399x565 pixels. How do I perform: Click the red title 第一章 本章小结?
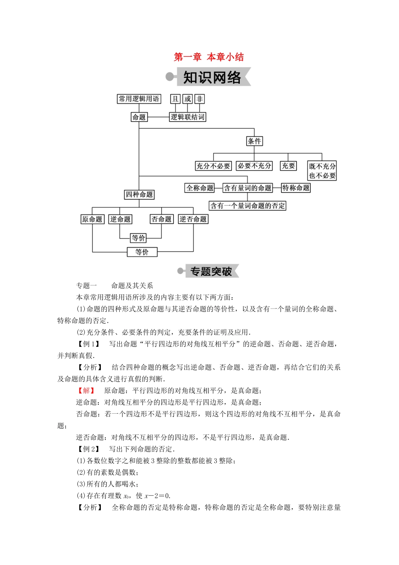[x=209, y=57]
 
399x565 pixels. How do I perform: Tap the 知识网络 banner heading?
[x=212, y=78]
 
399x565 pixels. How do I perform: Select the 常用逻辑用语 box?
[x=139, y=99]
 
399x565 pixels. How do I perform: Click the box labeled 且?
[x=175, y=99]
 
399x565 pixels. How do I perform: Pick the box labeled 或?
[x=188, y=99]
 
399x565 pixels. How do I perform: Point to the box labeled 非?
[x=199, y=99]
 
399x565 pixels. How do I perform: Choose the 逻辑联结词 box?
[x=187, y=117]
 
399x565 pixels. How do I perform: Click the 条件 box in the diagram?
[x=254, y=141]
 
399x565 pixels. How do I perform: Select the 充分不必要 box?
[x=213, y=166]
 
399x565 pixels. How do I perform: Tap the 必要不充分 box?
[x=254, y=166]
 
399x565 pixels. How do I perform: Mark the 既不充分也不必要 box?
[x=322, y=171]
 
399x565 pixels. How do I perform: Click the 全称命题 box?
[x=200, y=188]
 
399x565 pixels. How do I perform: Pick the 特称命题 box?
[x=296, y=188]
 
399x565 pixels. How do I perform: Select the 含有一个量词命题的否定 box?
[x=247, y=206]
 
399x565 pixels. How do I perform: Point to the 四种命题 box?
[x=139, y=195]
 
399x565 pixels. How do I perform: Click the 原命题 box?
[x=92, y=219]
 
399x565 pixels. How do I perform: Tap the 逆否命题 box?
[x=193, y=219]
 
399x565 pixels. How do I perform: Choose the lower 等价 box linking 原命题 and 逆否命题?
[x=142, y=252]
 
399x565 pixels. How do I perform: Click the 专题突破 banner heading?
[x=211, y=272]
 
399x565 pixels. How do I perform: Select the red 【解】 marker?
[x=86, y=391]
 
